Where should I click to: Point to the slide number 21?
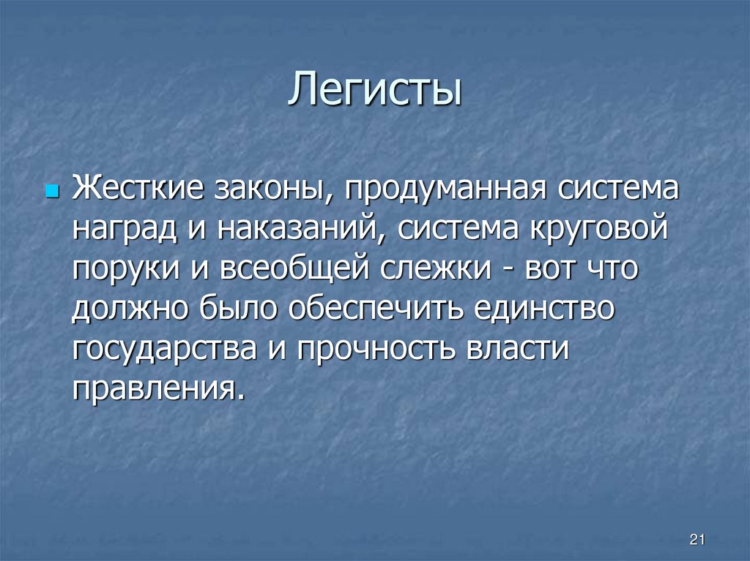tap(697, 540)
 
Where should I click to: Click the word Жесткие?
tap(138, 190)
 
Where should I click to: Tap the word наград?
tap(124, 229)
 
